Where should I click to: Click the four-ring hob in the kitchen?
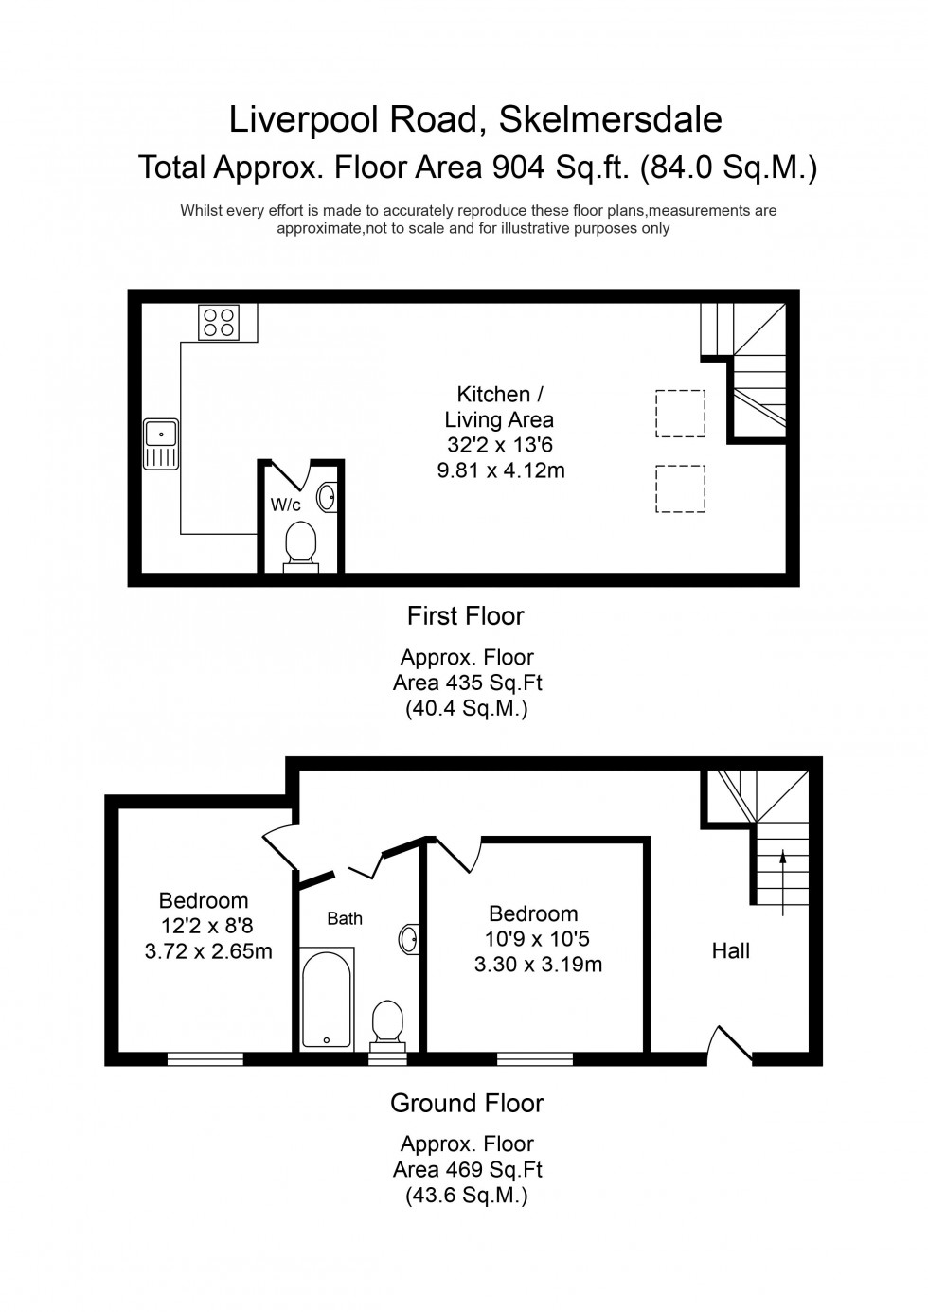219,322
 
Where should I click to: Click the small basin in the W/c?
328,497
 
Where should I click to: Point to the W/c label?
285,505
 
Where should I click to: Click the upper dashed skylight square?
680,414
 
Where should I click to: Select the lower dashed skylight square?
680,488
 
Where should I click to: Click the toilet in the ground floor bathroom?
386,1025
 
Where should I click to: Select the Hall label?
730,950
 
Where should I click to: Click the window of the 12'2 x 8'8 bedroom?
205,1059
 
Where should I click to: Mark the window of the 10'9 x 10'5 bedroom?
534,1059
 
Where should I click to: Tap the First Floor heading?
465,616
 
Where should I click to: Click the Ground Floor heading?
467,1103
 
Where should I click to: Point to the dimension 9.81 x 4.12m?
501,470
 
